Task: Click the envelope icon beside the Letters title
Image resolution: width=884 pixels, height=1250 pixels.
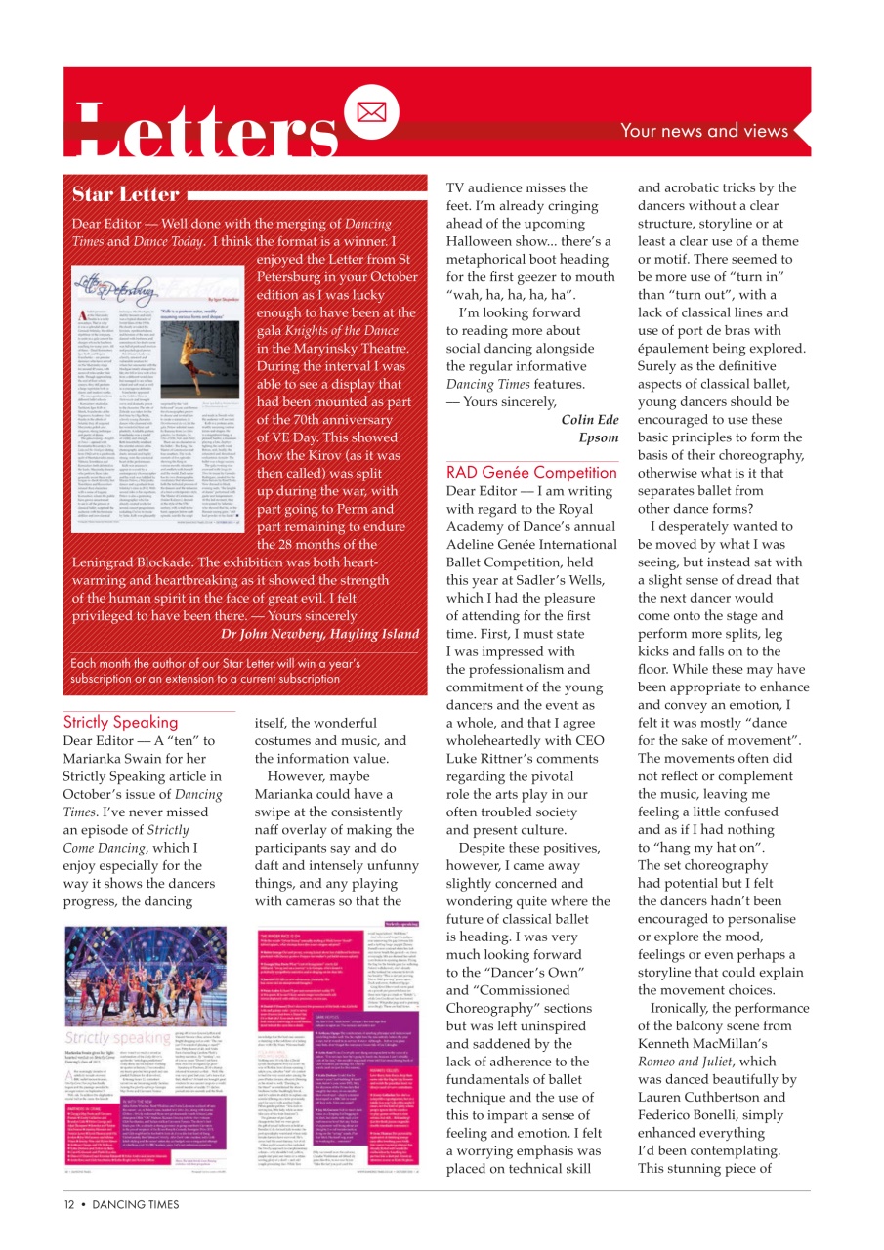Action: tap(372, 112)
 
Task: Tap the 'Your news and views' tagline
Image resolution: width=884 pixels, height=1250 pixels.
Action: tap(703, 131)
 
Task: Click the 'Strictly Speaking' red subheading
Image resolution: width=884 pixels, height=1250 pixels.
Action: tap(120, 723)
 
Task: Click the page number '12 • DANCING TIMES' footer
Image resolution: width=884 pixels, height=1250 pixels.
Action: tap(122, 1204)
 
